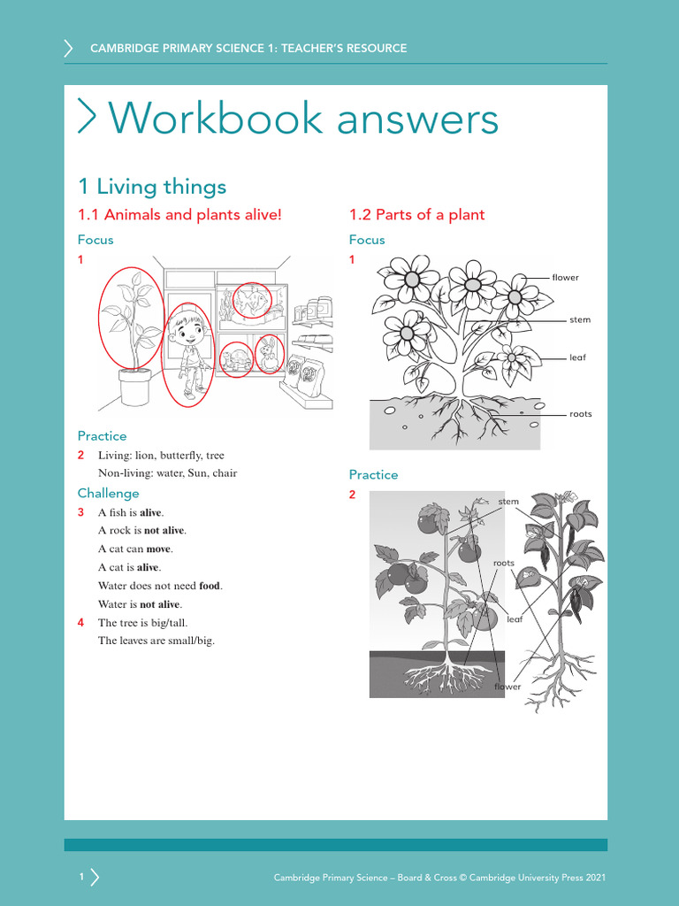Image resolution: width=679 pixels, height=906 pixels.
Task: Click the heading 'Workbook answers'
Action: (302, 119)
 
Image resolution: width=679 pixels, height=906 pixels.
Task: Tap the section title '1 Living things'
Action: (152, 187)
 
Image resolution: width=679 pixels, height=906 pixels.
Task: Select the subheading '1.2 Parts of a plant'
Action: (416, 215)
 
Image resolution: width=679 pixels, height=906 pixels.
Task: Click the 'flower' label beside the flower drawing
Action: (565, 278)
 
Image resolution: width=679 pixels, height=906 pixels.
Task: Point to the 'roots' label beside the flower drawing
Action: (580, 414)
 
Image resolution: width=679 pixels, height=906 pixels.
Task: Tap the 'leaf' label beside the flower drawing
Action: (577, 358)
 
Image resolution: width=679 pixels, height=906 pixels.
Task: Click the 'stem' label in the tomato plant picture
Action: (508, 502)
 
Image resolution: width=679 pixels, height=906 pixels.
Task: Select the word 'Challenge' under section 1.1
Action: (108, 494)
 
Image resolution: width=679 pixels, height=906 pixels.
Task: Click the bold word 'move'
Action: (158, 549)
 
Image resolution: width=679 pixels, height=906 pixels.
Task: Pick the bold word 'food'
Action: (210, 586)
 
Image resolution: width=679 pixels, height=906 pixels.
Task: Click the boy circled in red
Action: (189, 354)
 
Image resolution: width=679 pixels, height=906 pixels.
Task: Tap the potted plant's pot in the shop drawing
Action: (134, 387)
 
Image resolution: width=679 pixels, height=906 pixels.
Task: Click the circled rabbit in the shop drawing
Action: (269, 354)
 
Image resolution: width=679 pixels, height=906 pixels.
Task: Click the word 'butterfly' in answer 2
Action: (181, 456)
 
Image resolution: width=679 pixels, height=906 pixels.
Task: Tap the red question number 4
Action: (80, 623)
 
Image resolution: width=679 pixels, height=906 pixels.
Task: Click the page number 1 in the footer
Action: (81, 877)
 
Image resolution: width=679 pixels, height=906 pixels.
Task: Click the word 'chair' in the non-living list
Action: (225, 473)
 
